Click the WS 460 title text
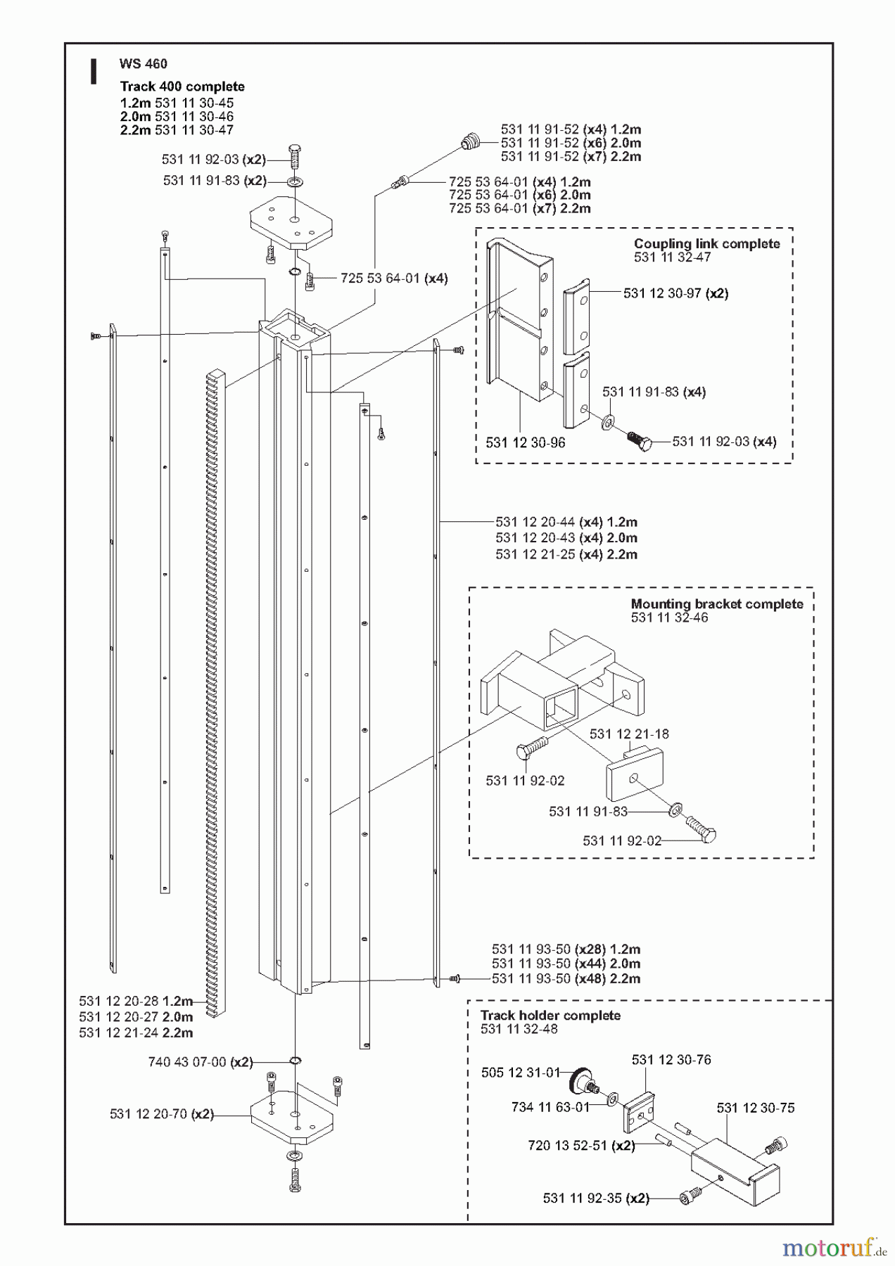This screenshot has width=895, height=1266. tap(144, 64)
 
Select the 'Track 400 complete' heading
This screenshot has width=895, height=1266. tap(182, 87)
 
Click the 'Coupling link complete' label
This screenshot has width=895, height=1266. tap(706, 244)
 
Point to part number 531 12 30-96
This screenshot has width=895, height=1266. tap(526, 442)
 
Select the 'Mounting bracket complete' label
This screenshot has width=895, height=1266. tap(716, 604)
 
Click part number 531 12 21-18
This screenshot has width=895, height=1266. tap(629, 734)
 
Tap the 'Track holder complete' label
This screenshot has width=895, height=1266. tap(550, 1016)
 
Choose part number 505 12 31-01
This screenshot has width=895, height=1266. tap(519, 1073)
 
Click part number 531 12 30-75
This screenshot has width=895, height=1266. tap(755, 1108)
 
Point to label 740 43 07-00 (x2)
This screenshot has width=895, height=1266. tap(200, 1062)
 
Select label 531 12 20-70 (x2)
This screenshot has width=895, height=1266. tap(161, 1114)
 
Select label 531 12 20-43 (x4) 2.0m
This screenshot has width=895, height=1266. tap(566, 538)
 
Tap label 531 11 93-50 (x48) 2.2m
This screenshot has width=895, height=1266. tap(566, 979)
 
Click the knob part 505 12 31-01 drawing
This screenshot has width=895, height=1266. tap(582, 1079)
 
